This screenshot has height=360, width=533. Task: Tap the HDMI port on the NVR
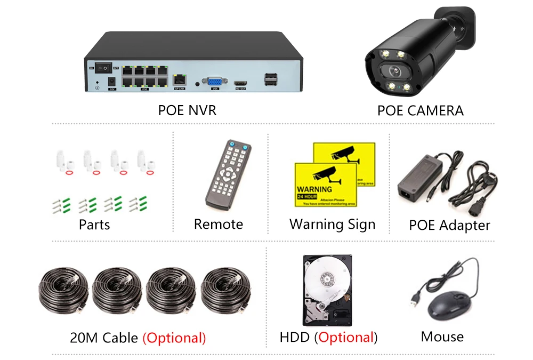click(x=240, y=83)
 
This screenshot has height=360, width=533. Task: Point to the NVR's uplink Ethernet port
click(x=180, y=80)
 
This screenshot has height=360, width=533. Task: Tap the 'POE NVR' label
click(x=187, y=110)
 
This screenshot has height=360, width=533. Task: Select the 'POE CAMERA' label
click(x=420, y=110)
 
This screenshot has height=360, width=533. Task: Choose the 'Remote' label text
click(x=218, y=225)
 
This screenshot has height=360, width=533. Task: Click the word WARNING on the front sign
click(x=314, y=189)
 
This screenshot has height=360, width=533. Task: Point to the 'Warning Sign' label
click(x=332, y=225)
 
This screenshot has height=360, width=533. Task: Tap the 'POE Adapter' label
click(x=449, y=225)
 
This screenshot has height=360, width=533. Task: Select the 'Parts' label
click(x=94, y=225)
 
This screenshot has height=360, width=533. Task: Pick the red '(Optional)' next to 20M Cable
click(x=174, y=338)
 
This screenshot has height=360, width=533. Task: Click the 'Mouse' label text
click(x=442, y=337)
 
